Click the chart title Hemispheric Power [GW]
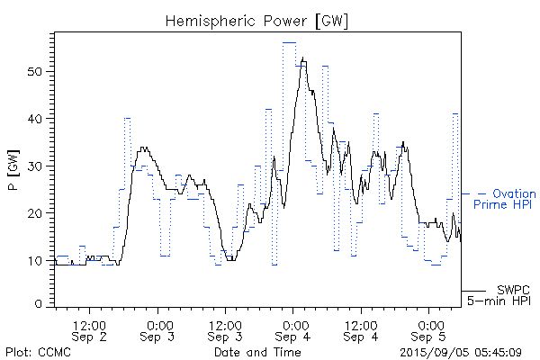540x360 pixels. pyautogui.click(x=256, y=20)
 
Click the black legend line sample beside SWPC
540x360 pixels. pyautogui.click(x=473, y=291)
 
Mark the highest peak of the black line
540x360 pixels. pyautogui.click(x=303, y=58)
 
